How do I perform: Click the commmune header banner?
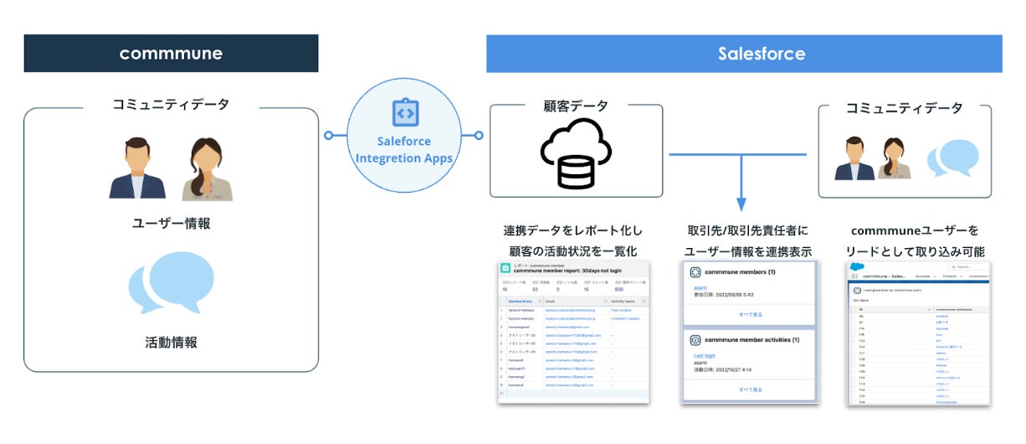point(171,54)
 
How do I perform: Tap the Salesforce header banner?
point(744,54)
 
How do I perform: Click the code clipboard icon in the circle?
point(405,113)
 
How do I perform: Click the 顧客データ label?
point(576,106)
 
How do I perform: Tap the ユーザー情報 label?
point(171,224)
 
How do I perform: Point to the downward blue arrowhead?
point(741,204)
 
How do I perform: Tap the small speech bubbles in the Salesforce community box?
point(952,160)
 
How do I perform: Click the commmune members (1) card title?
point(741,272)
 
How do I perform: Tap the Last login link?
point(705,356)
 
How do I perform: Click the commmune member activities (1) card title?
point(752,340)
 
